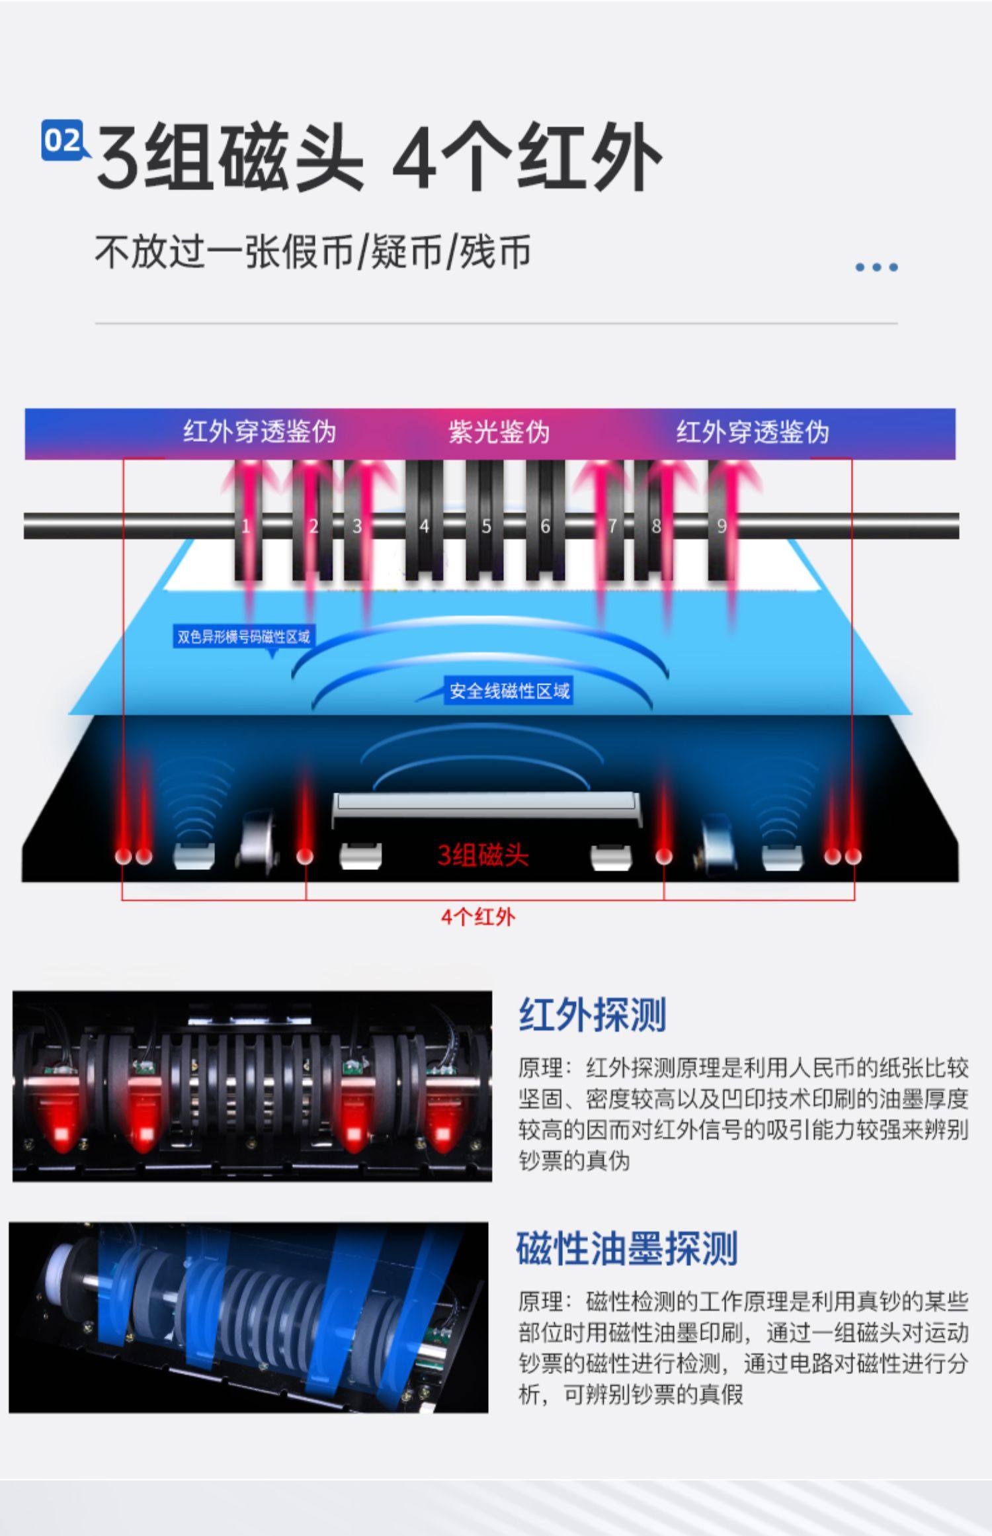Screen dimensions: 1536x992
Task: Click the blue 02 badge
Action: [x=63, y=140]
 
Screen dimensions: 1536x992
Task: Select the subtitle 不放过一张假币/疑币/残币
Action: [x=313, y=252]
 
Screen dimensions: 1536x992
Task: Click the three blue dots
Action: [x=876, y=267]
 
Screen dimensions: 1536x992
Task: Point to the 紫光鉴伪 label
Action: [x=499, y=432]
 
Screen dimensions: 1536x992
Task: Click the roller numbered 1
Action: [x=247, y=526]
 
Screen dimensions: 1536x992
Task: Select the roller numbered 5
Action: [x=485, y=526]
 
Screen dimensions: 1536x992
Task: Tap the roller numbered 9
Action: [x=722, y=526]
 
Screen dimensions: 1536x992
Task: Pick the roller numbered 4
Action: [x=424, y=526]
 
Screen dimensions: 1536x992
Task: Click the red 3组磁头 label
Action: [x=483, y=855]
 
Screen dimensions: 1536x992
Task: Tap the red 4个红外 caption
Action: [x=477, y=917]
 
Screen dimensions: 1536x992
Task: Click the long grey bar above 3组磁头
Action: [x=486, y=802]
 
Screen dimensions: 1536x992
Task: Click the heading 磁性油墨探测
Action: [x=626, y=1248]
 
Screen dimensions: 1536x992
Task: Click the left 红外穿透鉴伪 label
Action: [x=260, y=432]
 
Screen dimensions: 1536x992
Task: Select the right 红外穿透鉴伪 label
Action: [x=752, y=432]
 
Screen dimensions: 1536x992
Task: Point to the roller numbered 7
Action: [x=612, y=526]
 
